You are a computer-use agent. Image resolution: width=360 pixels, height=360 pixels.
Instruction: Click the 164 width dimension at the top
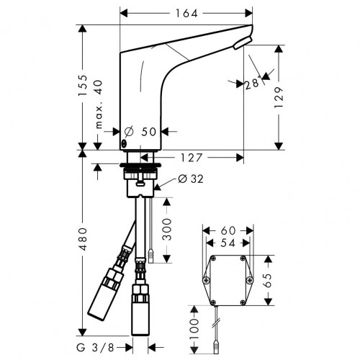pyautogui.click(x=186, y=13)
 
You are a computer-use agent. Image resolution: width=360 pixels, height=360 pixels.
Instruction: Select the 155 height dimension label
pyautogui.click(x=84, y=86)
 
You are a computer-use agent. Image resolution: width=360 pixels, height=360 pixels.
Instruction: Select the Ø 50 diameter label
pyautogui.click(x=141, y=132)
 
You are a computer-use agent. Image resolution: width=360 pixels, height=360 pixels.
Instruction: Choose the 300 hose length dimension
pyautogui.click(x=166, y=230)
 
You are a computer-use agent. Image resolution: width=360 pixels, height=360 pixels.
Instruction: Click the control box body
pyautogui.click(x=229, y=279)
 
